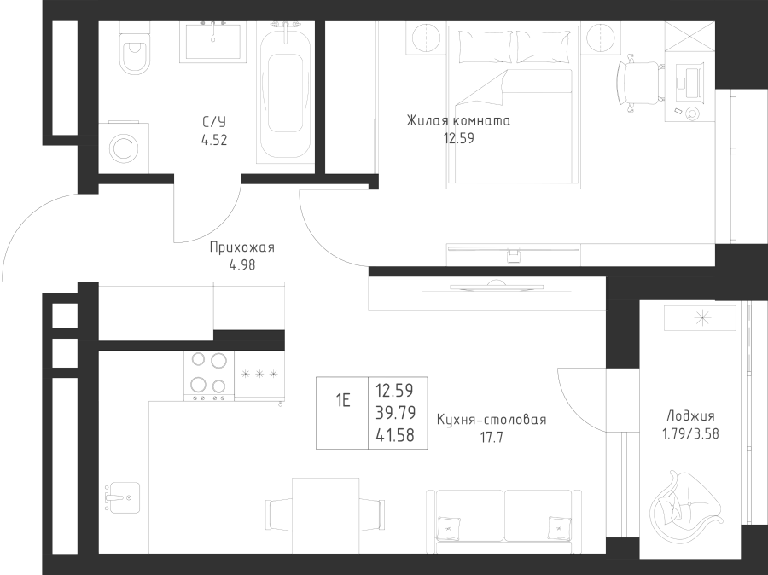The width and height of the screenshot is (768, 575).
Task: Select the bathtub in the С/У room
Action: click(284, 91)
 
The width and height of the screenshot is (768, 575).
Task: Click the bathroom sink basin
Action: click(212, 42)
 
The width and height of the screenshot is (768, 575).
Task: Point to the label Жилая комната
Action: click(458, 120)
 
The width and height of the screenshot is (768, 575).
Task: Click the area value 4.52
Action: click(214, 141)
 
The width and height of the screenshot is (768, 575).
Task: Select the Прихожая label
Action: click(242, 247)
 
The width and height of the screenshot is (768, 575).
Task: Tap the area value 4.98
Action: click(242, 265)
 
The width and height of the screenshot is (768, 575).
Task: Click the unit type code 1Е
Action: click(343, 401)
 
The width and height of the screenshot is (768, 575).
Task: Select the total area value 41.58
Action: click(395, 435)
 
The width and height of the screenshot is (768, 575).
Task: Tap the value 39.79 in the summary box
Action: click(396, 413)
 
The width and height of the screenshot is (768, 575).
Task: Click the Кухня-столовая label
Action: click(492, 420)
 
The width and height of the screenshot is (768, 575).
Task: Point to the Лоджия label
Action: click(690, 416)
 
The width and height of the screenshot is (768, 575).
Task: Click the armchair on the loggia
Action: click(686, 503)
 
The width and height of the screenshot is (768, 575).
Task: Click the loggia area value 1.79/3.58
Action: click(690, 434)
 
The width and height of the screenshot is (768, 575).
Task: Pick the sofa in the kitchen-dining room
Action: click(504, 521)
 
